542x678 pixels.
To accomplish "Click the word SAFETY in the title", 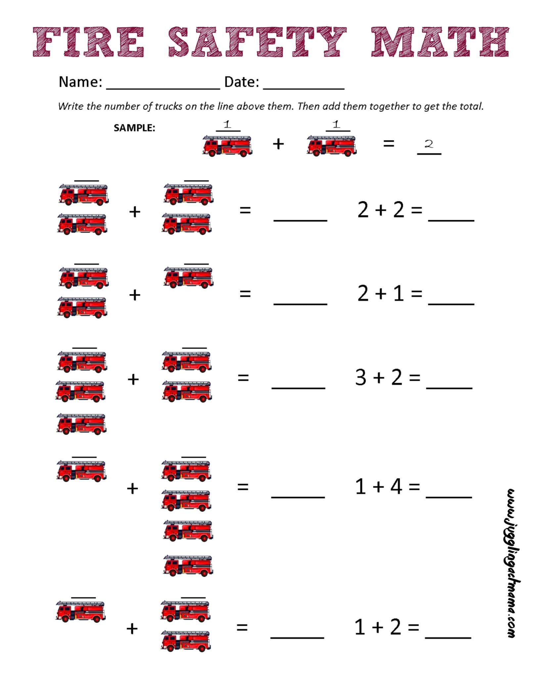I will pos(257,42).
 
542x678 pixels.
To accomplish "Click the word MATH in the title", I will pos(440,42).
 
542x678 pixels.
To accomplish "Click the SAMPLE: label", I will pos(134,128).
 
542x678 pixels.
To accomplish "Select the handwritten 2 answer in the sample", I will pos(429,144).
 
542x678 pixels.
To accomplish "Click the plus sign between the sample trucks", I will pos(278,144).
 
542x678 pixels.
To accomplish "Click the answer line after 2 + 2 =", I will pos(451,219).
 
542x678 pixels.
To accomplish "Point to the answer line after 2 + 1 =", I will pos(451,303).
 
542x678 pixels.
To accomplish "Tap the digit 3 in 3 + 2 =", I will pos(361,377).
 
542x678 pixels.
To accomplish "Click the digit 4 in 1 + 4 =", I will pos(396,487).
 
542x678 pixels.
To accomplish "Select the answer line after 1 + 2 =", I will pos(448,637).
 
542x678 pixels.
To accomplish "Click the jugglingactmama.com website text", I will pos(511,563).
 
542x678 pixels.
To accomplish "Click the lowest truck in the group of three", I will pos(81,424).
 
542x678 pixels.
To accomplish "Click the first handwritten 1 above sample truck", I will pos(227,124).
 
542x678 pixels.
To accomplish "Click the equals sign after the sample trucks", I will pos(388,143).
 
